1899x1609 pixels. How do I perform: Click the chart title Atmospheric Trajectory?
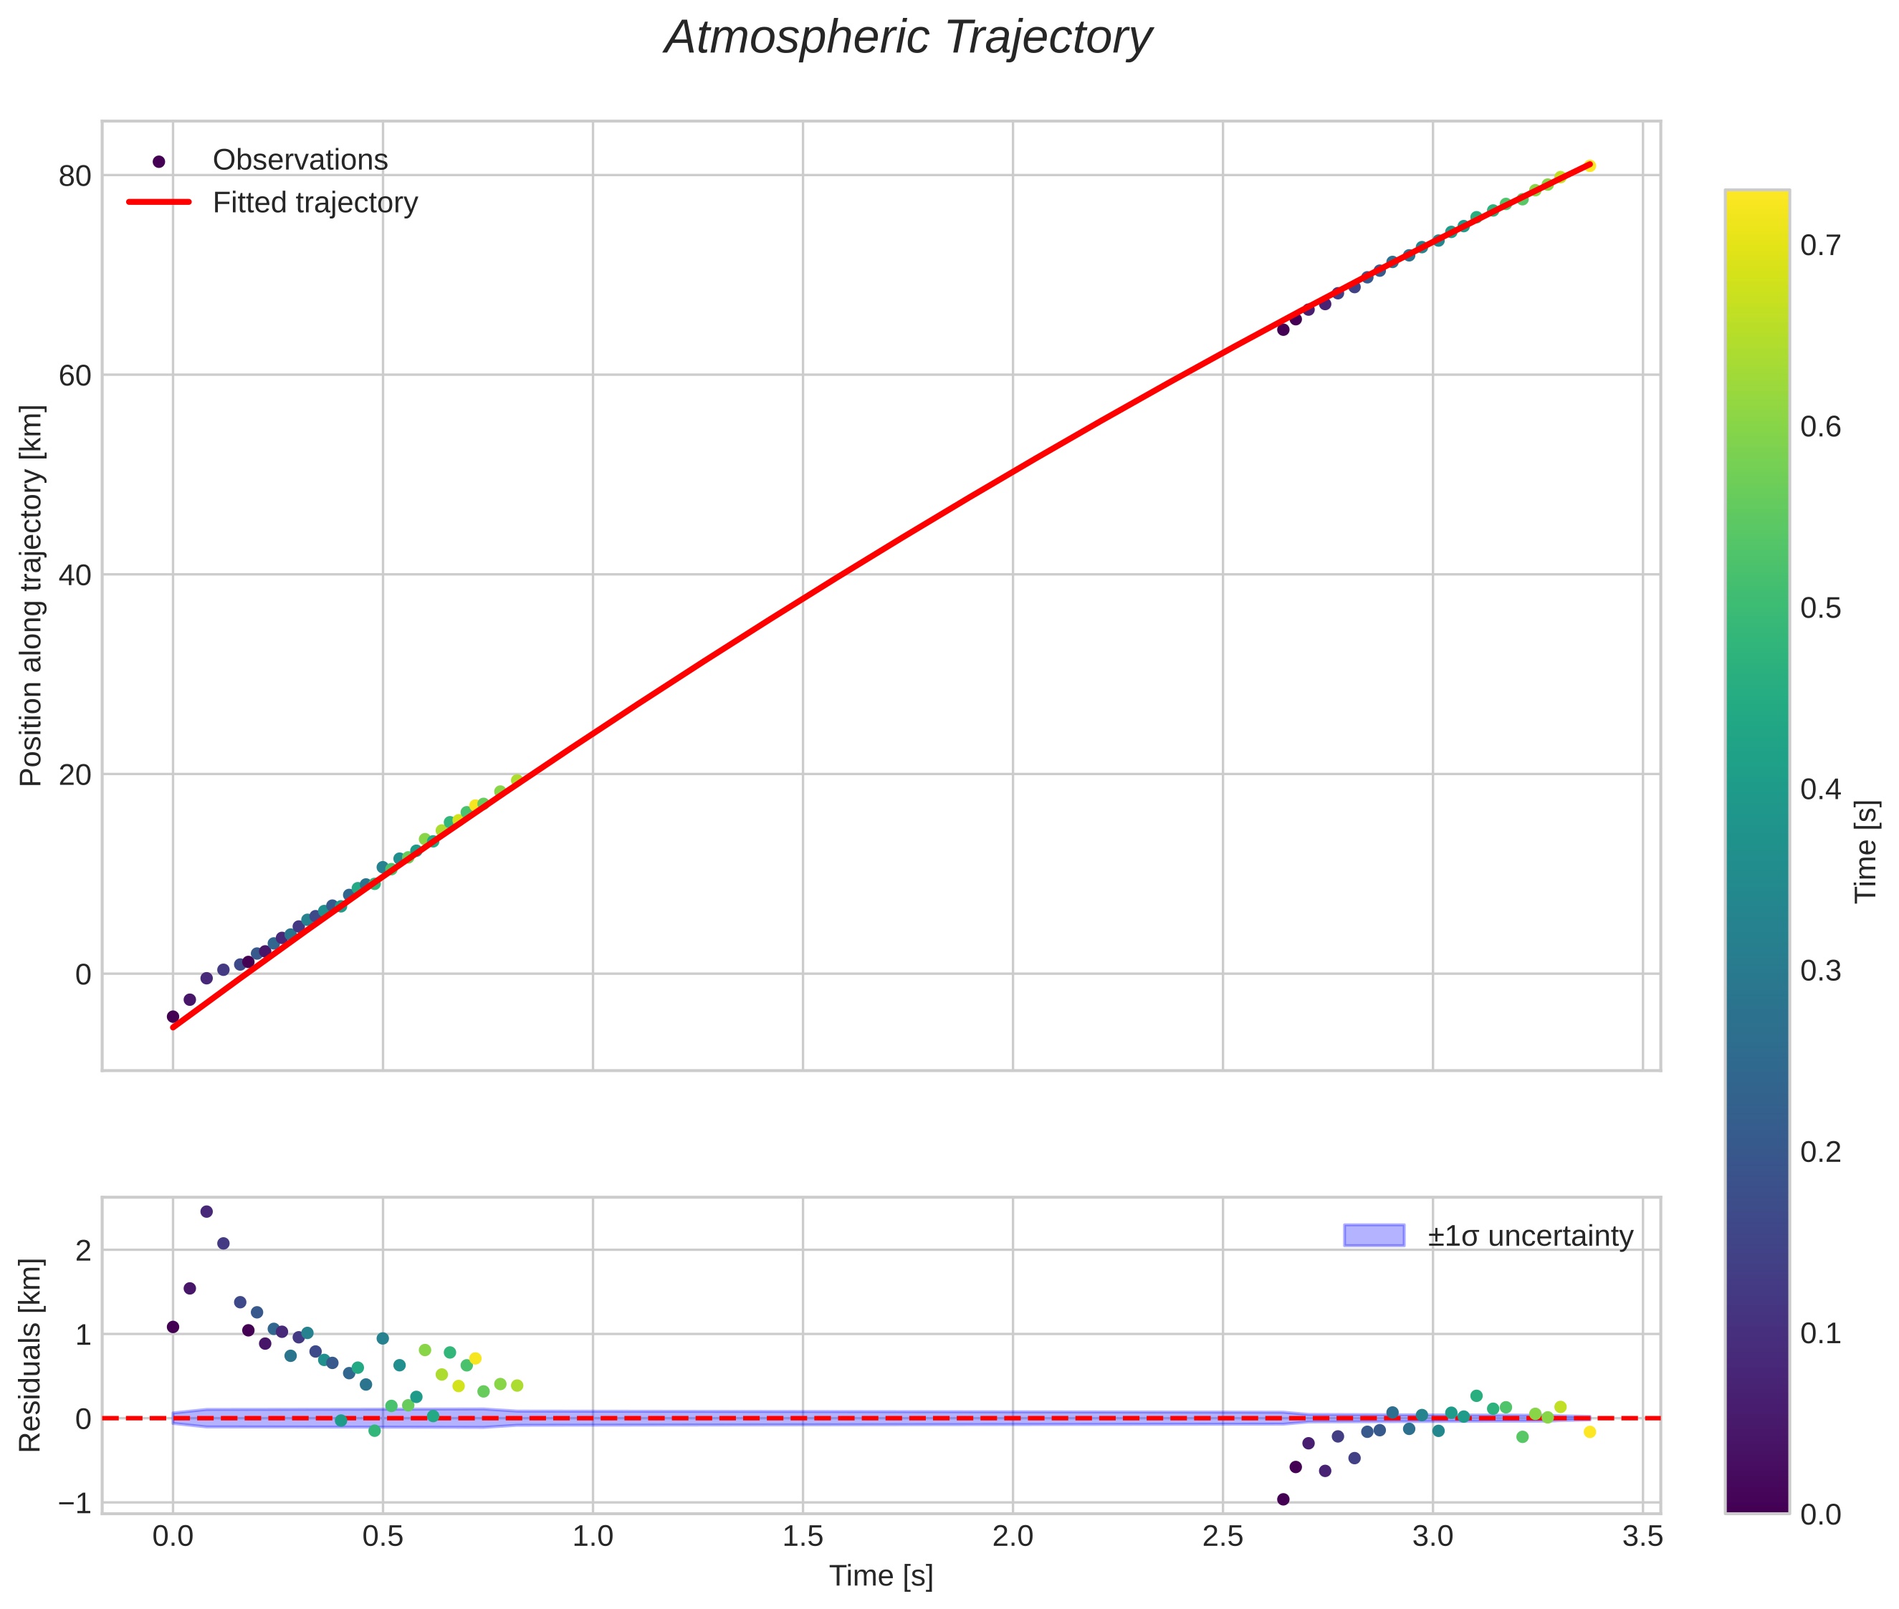907,38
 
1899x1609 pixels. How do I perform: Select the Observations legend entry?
300,160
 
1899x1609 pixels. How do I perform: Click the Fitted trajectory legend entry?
315,203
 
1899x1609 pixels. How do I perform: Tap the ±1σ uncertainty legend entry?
1529,1236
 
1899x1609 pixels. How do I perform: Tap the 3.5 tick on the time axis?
1642,1537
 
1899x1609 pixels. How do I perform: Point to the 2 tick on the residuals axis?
84,1252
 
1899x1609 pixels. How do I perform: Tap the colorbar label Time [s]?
1867,850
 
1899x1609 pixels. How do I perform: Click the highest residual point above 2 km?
206,1211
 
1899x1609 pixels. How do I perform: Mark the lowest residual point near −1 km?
1283,1499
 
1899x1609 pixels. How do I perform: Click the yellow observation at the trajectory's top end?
1589,165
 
